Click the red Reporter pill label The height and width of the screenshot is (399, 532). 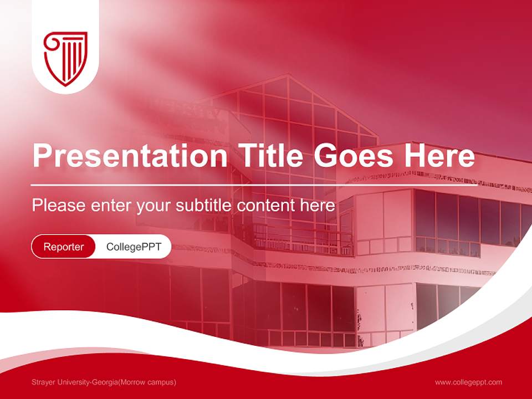64,247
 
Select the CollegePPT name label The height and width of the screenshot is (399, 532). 134,247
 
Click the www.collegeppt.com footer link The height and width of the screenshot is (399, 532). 468,382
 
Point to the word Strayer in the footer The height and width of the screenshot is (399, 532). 44,382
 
